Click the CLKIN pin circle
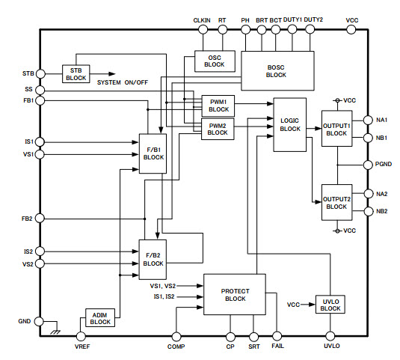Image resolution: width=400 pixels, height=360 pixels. (203, 30)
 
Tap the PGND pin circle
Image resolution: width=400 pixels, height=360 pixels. (368, 165)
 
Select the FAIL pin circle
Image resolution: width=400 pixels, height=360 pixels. (277, 336)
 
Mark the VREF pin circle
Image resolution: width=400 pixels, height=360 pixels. (81, 336)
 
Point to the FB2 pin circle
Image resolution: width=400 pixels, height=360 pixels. (40, 219)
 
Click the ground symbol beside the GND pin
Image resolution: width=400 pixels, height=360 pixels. (55, 332)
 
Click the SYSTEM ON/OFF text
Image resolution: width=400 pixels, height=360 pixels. (123, 82)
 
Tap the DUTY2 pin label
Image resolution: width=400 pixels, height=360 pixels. (313, 19)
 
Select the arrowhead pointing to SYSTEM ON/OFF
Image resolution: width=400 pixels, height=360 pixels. (111, 74)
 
